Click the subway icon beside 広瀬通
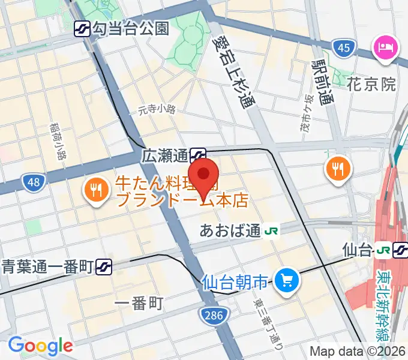tap(198, 156)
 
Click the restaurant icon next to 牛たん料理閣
tap(95, 191)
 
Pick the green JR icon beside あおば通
tap(271, 231)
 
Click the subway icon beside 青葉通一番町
tap(104, 266)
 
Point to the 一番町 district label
tap(139, 303)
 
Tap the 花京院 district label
tap(371, 84)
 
